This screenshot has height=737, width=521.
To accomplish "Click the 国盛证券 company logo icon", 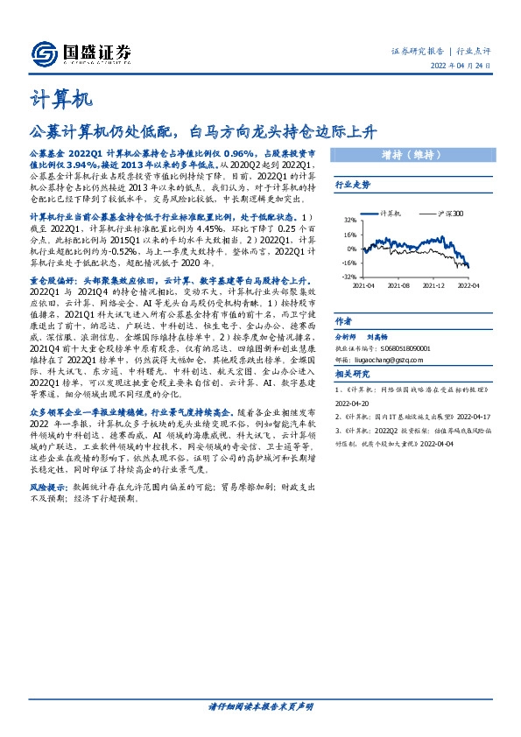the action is tap(45, 53).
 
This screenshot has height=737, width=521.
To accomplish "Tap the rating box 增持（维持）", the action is tap(410, 156).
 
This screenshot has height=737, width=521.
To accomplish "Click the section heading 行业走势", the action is tap(353, 186).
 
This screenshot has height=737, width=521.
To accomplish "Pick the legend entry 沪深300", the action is tap(448, 214).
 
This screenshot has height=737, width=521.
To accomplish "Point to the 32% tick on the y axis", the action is tap(349, 221).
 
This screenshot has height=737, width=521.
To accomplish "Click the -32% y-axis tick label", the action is tap(348, 277).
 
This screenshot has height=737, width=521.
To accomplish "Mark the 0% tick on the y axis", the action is tap(351, 249).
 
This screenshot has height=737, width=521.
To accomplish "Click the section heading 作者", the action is tap(344, 321).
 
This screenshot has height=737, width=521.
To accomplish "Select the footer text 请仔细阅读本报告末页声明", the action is tap(260, 705).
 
